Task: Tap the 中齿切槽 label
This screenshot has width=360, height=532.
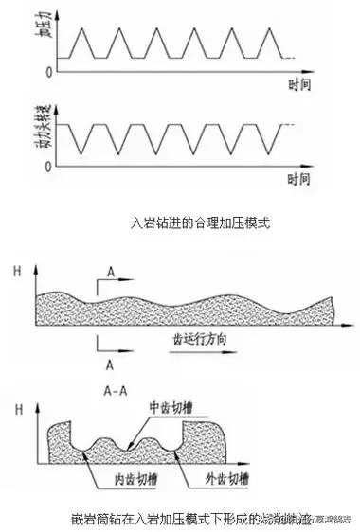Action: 171,408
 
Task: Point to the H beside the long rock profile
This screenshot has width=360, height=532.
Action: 18,271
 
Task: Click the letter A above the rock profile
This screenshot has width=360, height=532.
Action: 112,272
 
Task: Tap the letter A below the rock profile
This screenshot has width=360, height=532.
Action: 112,362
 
